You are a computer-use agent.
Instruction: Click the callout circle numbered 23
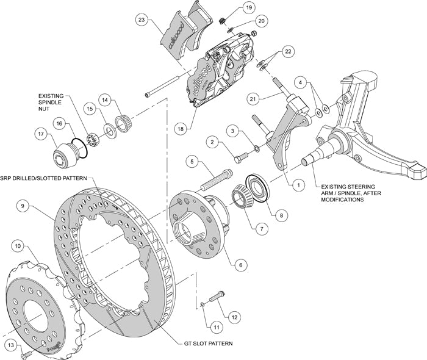tap(142, 20)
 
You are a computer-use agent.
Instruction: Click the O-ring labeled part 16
tap(77, 147)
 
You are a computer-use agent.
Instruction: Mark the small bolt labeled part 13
tap(25, 354)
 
